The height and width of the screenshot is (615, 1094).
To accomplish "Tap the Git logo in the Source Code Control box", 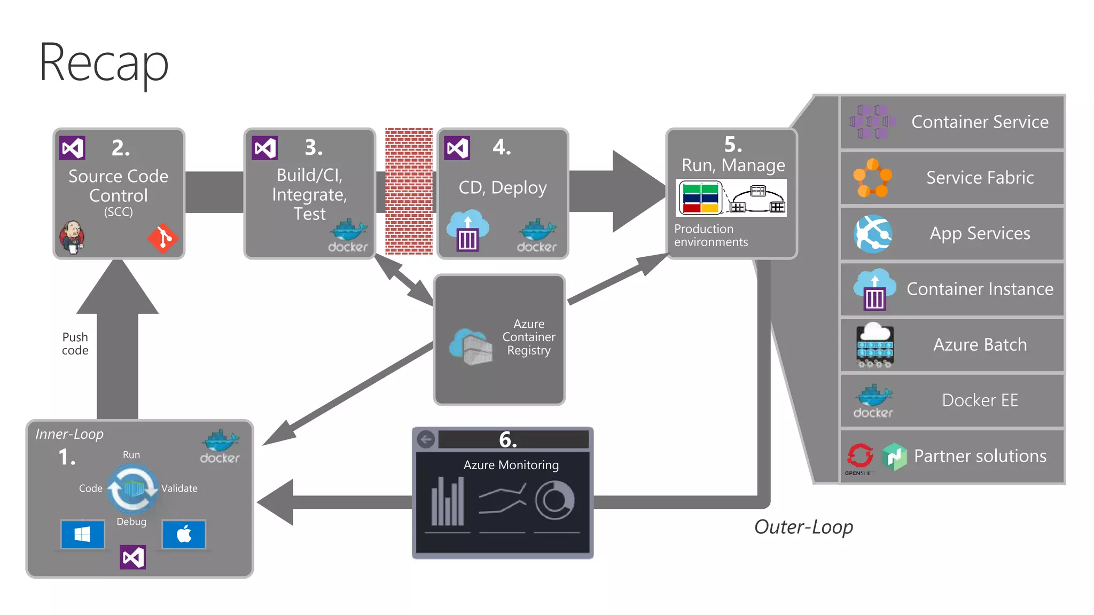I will coord(162,238).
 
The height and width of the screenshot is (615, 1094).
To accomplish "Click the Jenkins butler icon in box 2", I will coord(72,236).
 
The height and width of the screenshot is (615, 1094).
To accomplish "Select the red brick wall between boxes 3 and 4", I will coord(409,191).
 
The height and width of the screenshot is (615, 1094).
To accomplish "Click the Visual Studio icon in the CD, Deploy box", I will coord(457,148).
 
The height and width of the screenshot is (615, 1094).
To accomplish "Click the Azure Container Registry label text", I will coord(528,337).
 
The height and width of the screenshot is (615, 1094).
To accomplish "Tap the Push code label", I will coord(75,344).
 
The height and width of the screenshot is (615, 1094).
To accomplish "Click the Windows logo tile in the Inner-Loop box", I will coord(82,534).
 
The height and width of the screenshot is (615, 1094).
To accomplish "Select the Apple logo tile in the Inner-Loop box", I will coord(184,534).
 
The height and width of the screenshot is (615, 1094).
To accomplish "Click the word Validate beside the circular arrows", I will coord(179,488).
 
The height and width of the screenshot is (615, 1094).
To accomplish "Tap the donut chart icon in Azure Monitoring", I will coord(554,501).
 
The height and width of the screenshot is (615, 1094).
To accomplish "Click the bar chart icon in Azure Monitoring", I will coord(448,502).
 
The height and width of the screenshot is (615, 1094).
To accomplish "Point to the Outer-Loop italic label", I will coord(803,527).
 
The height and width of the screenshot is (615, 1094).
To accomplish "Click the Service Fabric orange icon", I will coord(872,178).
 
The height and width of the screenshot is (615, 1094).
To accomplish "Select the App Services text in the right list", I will coord(980,233).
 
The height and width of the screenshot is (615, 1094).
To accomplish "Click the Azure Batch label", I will coord(980,345).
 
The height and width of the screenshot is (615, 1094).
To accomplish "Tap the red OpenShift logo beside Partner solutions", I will coord(859,455).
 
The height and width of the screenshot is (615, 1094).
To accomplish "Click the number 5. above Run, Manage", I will coord(733,145).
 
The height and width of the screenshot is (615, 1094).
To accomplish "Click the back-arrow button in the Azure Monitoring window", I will coord(426,440).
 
